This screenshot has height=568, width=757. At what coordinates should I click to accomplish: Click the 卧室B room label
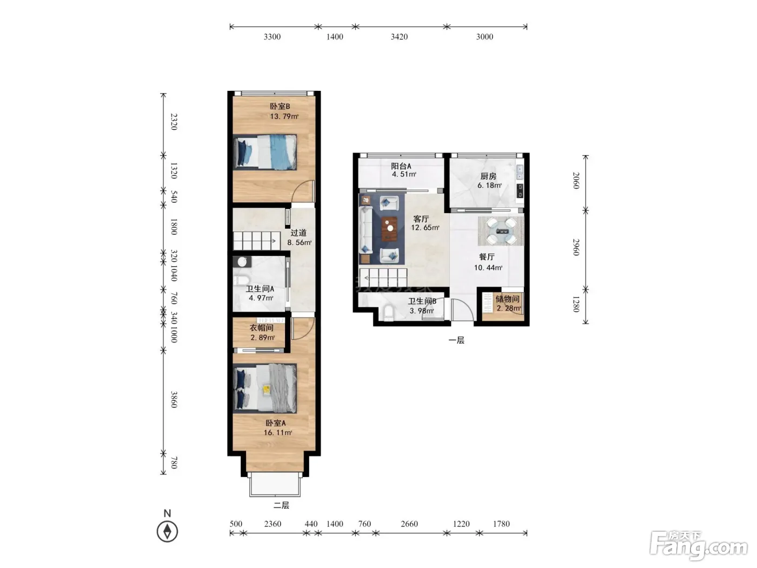pyautogui.click(x=280, y=106)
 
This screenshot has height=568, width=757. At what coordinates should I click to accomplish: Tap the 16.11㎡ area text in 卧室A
pyautogui.click(x=278, y=432)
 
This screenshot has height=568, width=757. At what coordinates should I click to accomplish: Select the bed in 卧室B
pyautogui.click(x=265, y=152)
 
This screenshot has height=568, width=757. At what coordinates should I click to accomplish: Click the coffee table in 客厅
pyautogui.click(x=389, y=228)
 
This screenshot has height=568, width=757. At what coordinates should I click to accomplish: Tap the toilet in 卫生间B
pyautogui.click(x=389, y=313)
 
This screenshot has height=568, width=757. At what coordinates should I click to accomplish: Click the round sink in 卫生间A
pyautogui.click(x=242, y=262)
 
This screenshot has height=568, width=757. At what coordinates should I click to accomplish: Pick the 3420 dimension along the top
pyautogui.click(x=400, y=37)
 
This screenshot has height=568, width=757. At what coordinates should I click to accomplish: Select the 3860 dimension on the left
pyautogui.click(x=174, y=399)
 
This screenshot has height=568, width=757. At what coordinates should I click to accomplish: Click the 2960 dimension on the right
pyautogui.click(x=576, y=247)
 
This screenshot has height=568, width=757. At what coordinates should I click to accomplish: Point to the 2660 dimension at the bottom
pyautogui.click(x=409, y=524)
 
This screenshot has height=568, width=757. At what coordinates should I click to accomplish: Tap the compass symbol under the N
pyautogui.click(x=167, y=531)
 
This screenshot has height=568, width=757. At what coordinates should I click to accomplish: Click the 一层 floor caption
pyautogui.click(x=456, y=340)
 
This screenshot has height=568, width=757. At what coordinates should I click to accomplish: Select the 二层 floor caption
pyautogui.click(x=281, y=506)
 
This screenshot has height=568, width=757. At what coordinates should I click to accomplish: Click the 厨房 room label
pyautogui.click(x=488, y=176)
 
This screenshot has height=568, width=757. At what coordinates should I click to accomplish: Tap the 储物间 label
pyautogui.click(x=507, y=299)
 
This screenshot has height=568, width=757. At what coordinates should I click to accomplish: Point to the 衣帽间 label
pyautogui.click(x=261, y=328)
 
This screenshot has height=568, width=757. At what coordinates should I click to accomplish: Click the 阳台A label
pyautogui.click(x=401, y=166)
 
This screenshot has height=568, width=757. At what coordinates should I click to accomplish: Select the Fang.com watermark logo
pyautogui.click(x=698, y=546)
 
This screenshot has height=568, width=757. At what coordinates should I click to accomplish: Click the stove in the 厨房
pyautogui.click(x=520, y=190)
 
